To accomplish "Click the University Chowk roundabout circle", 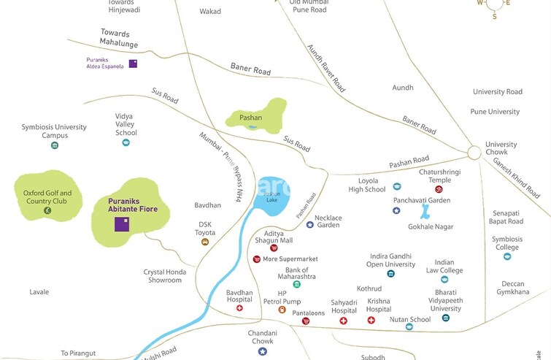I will pyautogui.click(x=474, y=153).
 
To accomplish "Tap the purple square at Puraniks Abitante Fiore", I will pyautogui.click(x=122, y=223).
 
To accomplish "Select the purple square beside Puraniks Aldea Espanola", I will pyautogui.click(x=133, y=64).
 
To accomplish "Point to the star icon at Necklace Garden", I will pyautogui.click(x=310, y=224).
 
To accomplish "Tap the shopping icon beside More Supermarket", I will pyautogui.click(x=256, y=259).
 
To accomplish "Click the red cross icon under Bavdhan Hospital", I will pyautogui.click(x=239, y=308).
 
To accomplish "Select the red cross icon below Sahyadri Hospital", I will pyautogui.click(x=344, y=321).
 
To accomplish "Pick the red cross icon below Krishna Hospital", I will pyautogui.click(x=371, y=321).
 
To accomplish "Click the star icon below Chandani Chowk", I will pyautogui.click(x=262, y=351).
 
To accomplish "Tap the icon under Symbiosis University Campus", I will pyautogui.click(x=54, y=145).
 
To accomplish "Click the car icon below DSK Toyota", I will pyautogui.click(x=206, y=242).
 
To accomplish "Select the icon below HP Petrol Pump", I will pyautogui.click(x=282, y=310).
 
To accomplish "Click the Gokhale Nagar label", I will pyautogui.click(x=431, y=227).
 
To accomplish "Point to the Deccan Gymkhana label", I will pyautogui.click(x=515, y=288).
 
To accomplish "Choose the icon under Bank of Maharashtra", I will pyautogui.click(x=296, y=284).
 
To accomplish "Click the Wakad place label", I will pyautogui.click(x=210, y=12).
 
